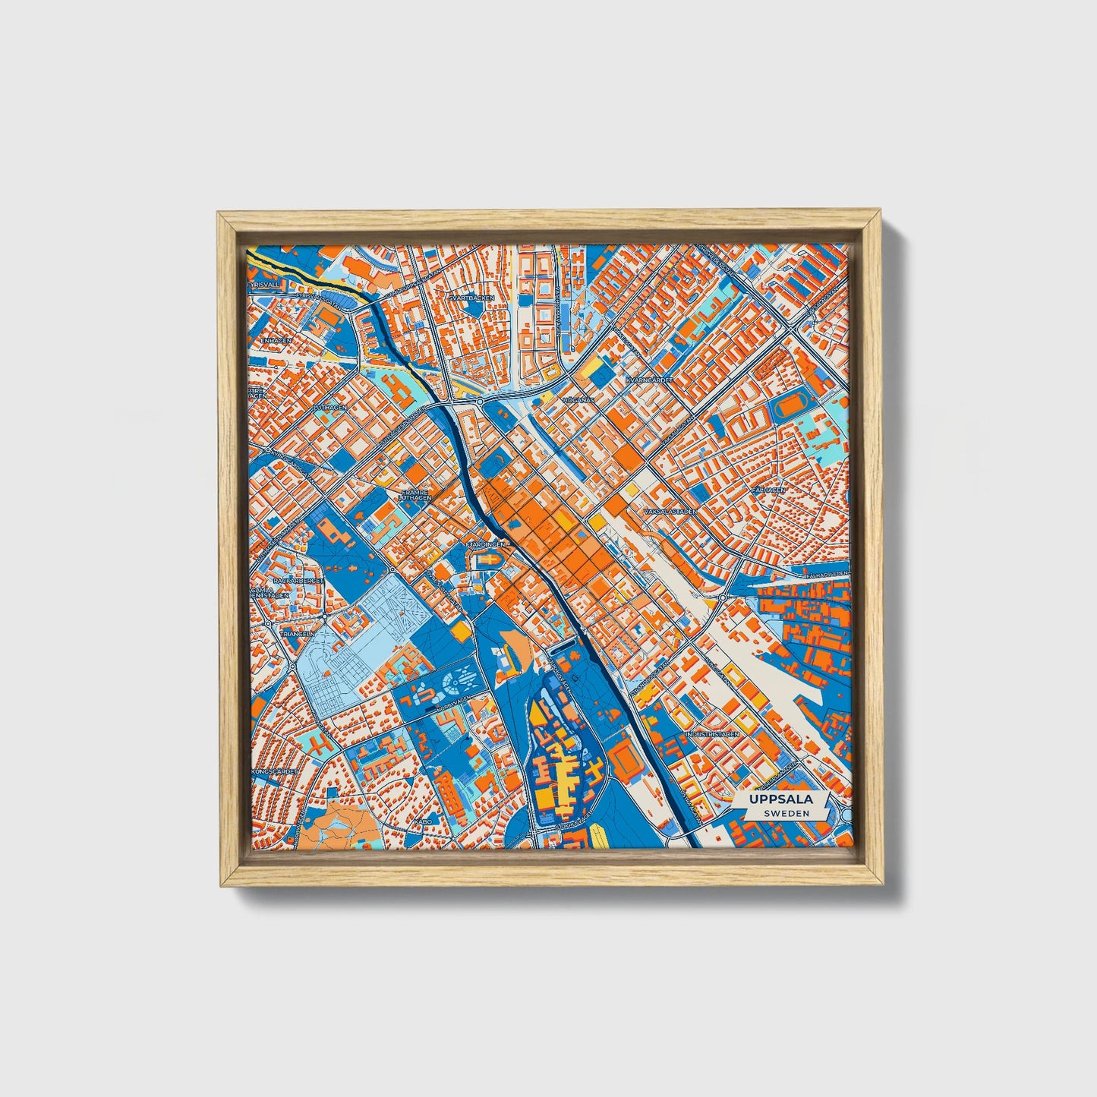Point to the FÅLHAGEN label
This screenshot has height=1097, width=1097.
coord(768,490)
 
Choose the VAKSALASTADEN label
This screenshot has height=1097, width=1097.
coord(670,512)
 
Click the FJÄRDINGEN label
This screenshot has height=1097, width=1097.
coord(486,544)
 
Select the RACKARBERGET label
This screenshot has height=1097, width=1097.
coord(302,581)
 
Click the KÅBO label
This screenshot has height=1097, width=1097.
coord(422,821)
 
